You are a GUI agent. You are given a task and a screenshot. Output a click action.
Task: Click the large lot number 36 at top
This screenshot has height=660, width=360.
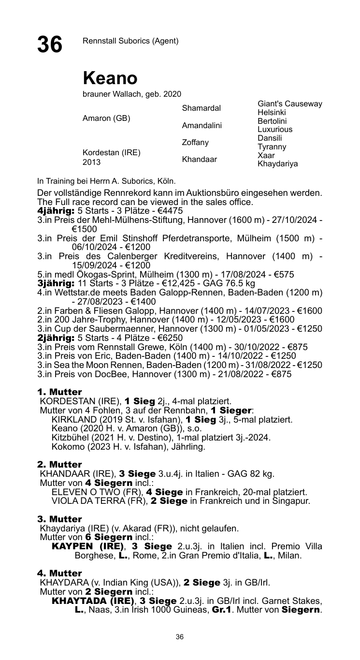(x=50, y=44)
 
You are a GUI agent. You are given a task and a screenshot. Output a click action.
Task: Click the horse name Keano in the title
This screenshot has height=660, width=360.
(x=110, y=78)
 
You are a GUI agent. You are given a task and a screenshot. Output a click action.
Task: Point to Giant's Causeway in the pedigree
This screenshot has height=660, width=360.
(x=290, y=104)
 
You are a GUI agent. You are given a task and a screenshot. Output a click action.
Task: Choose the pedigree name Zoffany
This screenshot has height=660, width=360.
(x=195, y=142)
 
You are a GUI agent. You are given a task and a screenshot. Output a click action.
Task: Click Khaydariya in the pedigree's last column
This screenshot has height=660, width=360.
(x=278, y=164)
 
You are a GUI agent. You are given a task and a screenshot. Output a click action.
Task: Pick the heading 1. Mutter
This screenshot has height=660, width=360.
(x=60, y=391)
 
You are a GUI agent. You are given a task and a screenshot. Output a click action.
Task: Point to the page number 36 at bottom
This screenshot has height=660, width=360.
(x=180, y=637)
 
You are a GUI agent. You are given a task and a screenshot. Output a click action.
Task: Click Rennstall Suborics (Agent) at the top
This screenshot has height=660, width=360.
(x=131, y=41)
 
